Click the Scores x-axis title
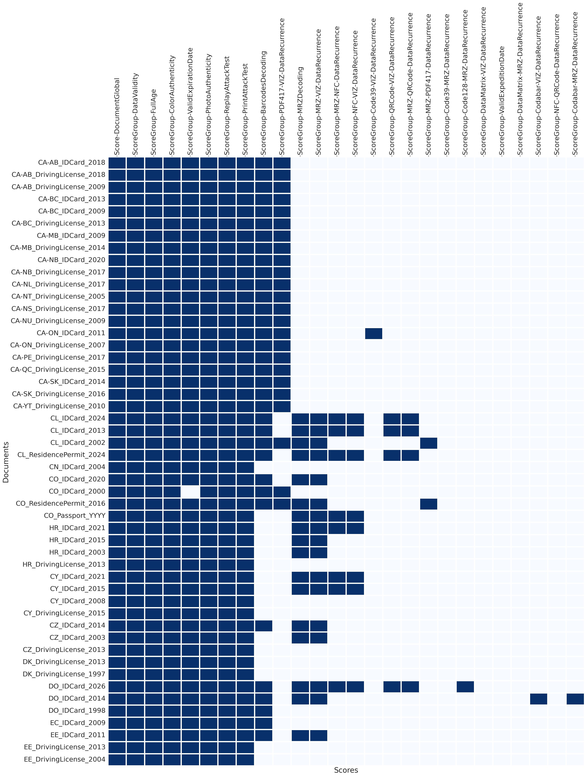coord(346,770)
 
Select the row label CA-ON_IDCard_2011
coord(71,333)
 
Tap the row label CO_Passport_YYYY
coord(74,516)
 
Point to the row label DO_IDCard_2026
coord(77,686)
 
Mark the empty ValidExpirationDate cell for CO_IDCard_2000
coord(190,491)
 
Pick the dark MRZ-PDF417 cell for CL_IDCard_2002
coord(429,443)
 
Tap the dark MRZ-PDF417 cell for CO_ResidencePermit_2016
coord(429,504)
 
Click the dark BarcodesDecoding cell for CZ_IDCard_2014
coord(264,626)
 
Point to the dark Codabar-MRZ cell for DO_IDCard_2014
coord(575,699)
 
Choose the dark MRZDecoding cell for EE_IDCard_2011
coord(300,735)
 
